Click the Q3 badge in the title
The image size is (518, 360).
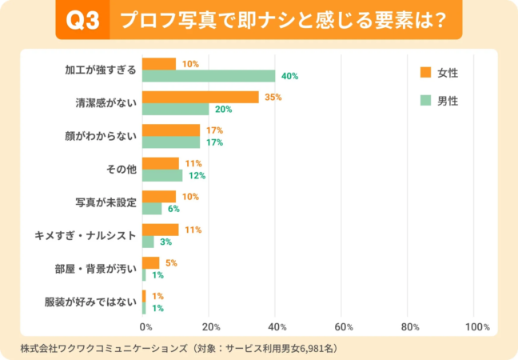coord(82,22)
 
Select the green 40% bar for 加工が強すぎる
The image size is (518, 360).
coord(209,76)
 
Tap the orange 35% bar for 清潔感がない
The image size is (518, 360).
coord(201,97)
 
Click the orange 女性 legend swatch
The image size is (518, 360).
coord(425,73)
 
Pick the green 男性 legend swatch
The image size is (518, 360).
coord(425,101)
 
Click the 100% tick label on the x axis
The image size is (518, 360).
coord(476,326)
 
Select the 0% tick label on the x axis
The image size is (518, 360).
coord(145,326)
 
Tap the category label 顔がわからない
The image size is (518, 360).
coord(102,136)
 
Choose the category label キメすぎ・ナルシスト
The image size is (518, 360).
coord(86,235)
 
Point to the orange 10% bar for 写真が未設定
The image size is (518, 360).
coord(159,196)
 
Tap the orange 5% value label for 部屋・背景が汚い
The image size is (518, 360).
coord(170,262)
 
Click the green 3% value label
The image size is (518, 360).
coord(165,242)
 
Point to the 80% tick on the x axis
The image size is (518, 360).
coord(410,326)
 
